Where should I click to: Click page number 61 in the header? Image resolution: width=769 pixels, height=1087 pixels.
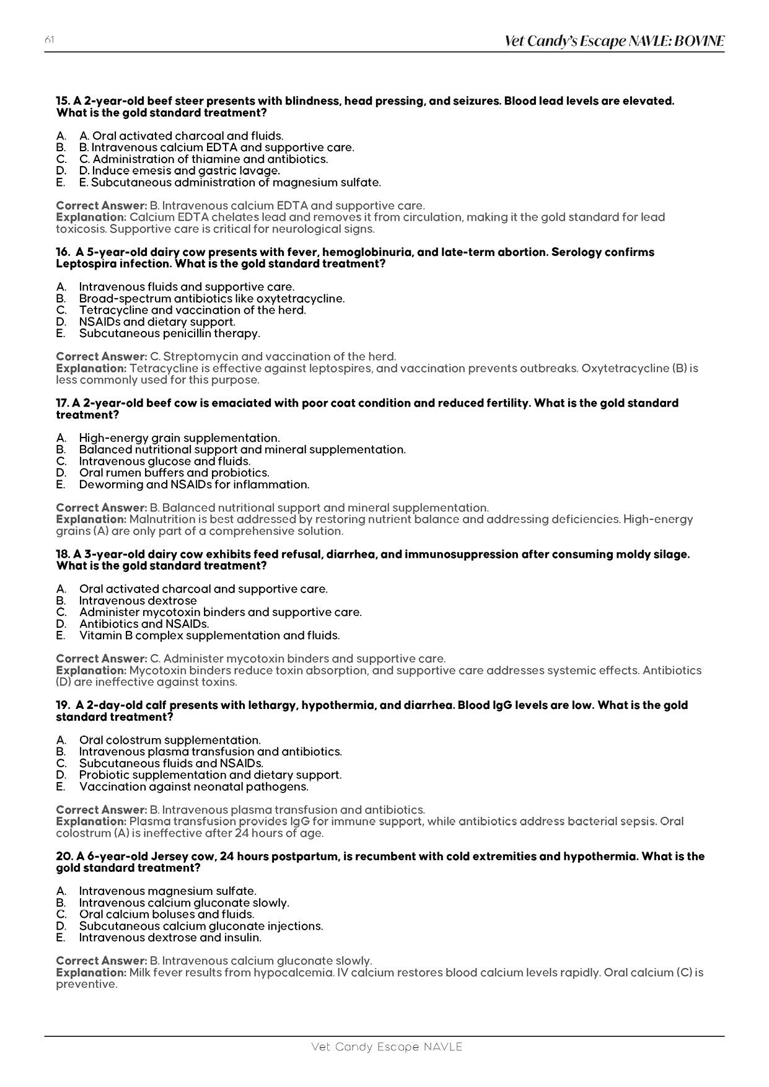(x=50, y=40)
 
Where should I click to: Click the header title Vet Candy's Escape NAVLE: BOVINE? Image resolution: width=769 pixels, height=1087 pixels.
(x=614, y=41)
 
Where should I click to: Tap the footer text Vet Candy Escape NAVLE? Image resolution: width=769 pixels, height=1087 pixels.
(x=387, y=1047)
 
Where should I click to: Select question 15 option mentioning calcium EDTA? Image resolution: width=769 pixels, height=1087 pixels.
(x=216, y=147)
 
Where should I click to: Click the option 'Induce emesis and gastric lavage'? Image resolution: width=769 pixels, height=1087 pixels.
(x=179, y=170)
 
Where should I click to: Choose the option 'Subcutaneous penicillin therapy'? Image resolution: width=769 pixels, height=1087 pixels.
(x=169, y=333)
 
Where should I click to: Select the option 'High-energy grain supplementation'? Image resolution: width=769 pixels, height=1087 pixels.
(x=179, y=438)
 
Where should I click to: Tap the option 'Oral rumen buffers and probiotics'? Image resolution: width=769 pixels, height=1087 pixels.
(x=174, y=473)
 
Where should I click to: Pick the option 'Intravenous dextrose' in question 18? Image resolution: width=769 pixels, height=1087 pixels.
(x=138, y=601)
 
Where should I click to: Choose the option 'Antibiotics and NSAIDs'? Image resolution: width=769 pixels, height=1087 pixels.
(x=144, y=624)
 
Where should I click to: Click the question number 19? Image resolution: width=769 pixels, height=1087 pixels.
(x=63, y=705)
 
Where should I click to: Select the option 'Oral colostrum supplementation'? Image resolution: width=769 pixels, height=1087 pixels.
(x=170, y=740)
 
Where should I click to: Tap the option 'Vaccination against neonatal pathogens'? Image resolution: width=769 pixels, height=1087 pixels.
(x=193, y=786)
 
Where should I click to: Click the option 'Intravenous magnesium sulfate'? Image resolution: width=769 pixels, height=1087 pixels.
(x=167, y=891)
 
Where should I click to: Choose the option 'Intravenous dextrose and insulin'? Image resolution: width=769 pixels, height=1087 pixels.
(x=170, y=938)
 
